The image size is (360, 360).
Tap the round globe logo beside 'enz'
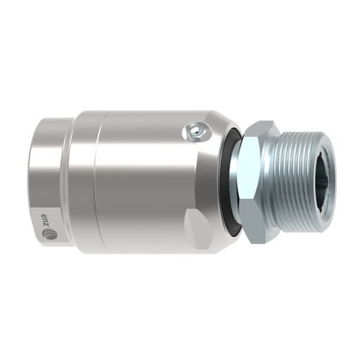click(x=49, y=233)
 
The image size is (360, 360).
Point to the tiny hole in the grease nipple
click(x=198, y=134)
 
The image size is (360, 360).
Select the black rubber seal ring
click(x=230, y=181)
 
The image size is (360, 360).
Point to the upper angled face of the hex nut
click(x=261, y=129)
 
